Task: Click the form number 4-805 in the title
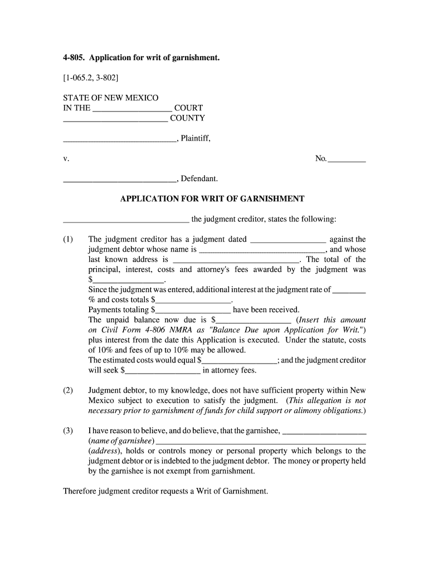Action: point(74,73)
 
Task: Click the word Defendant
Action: point(199,179)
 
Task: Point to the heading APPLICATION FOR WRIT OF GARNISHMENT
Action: point(212,199)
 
